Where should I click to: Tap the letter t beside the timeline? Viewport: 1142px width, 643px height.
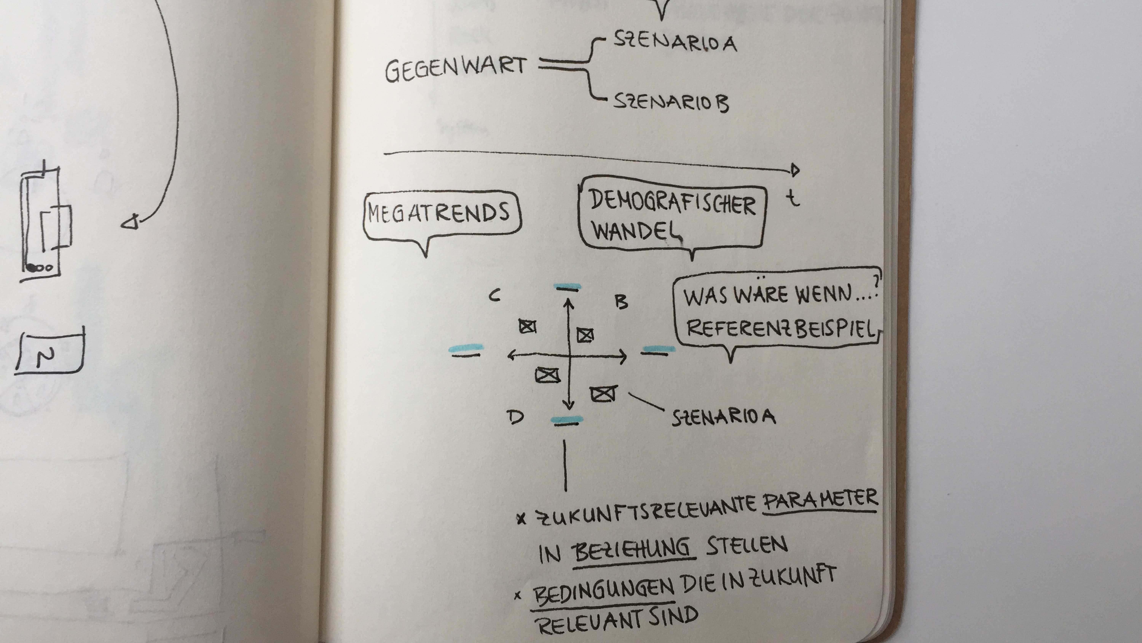pyautogui.click(x=793, y=198)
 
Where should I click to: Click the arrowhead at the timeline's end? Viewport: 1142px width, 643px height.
pyautogui.click(x=794, y=170)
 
